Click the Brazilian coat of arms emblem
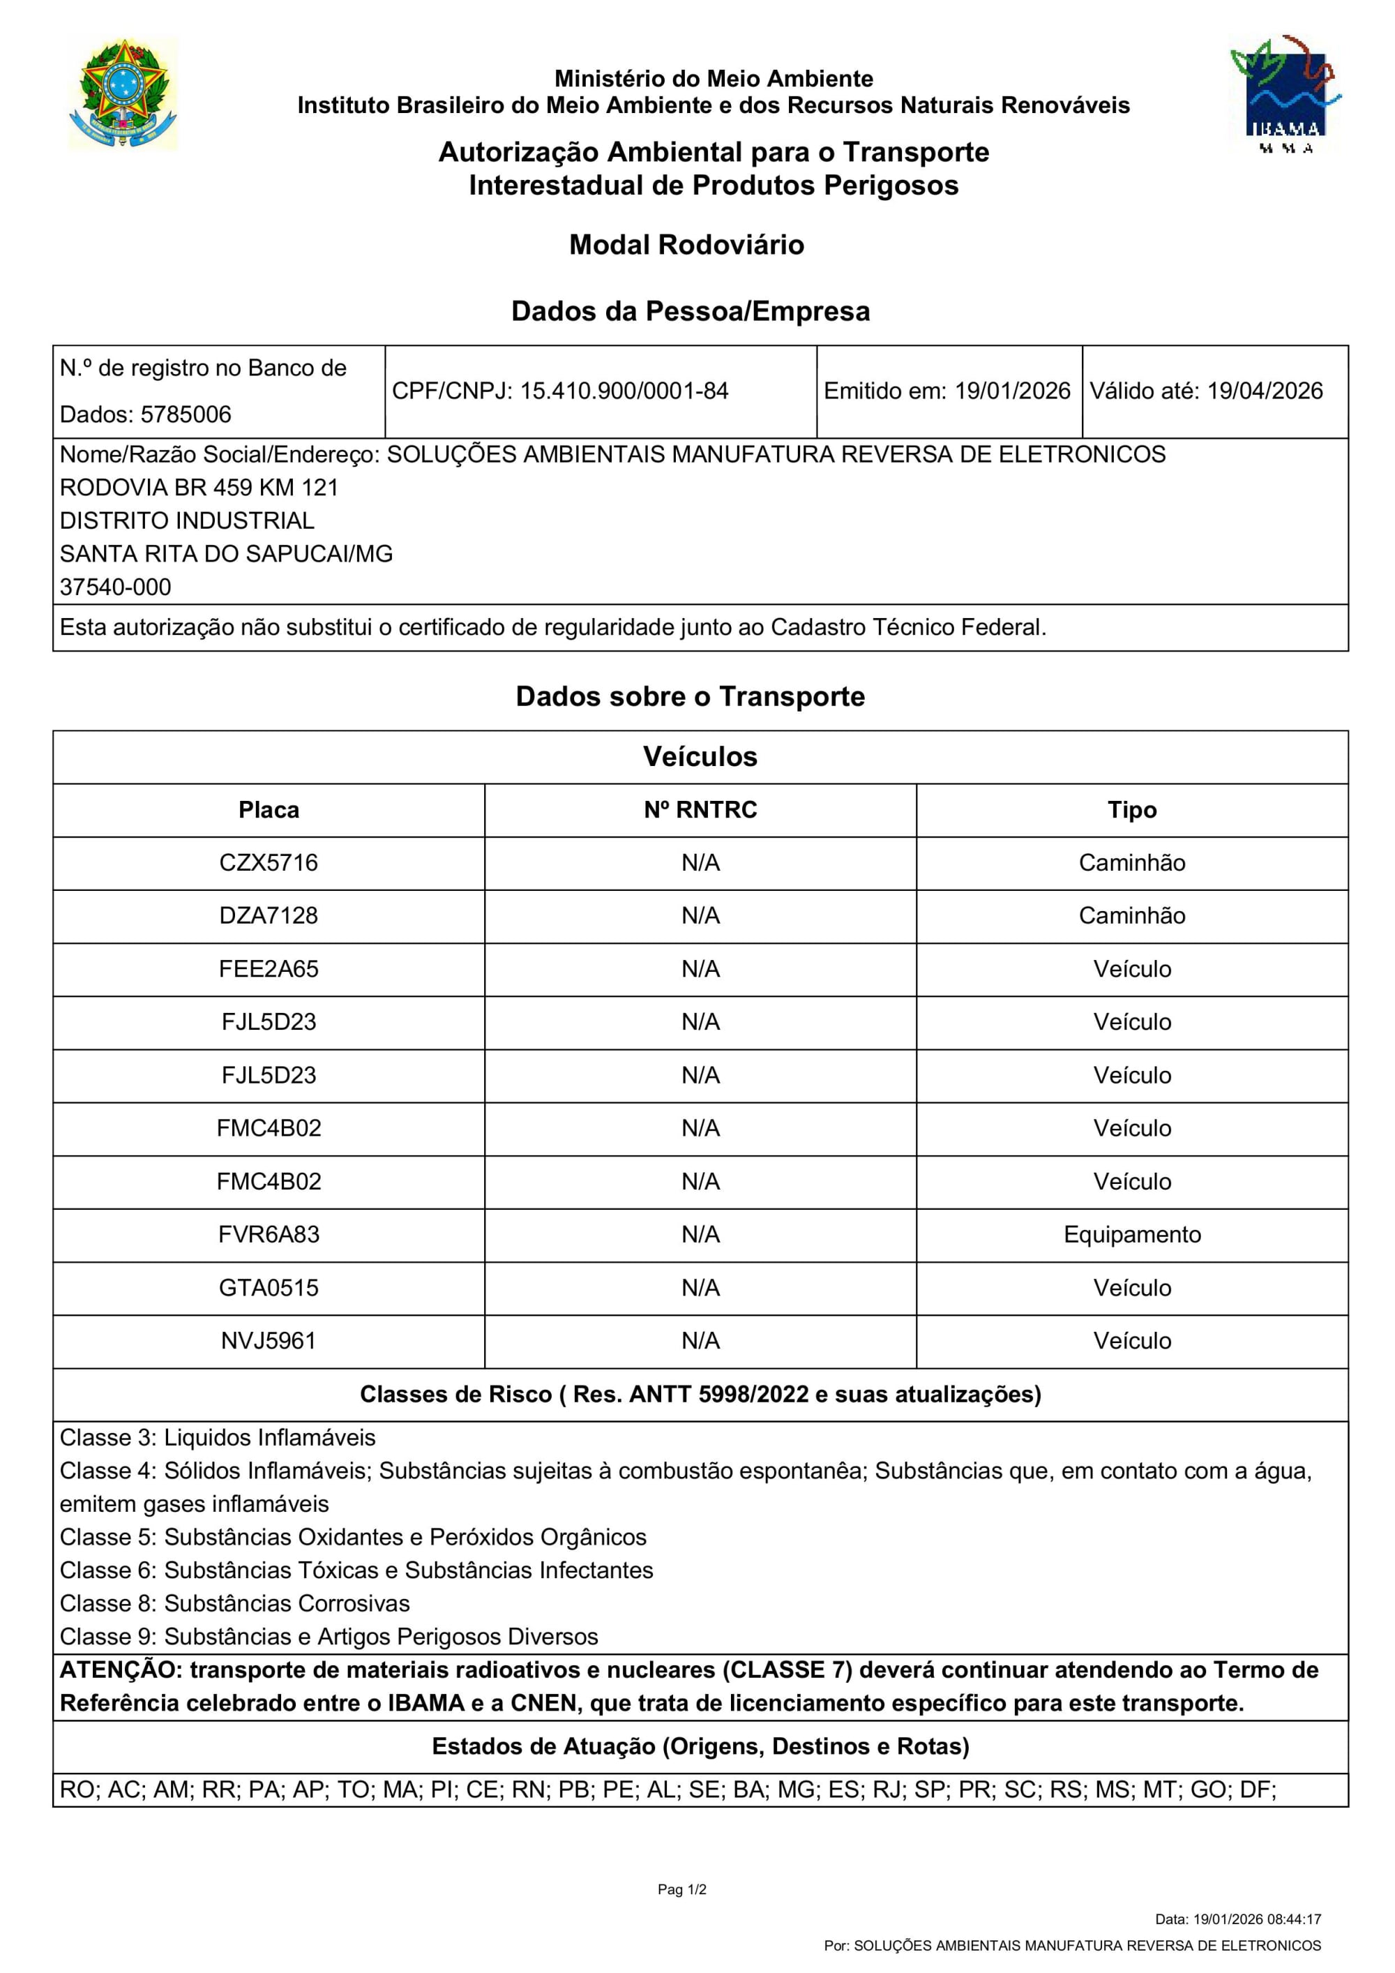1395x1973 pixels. click(x=123, y=94)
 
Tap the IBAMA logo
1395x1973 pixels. click(x=1284, y=94)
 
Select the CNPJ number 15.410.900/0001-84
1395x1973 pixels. click(x=624, y=391)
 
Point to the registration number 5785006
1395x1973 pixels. click(x=186, y=414)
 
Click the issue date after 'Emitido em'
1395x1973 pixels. click(x=1013, y=391)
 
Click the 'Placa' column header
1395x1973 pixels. click(x=269, y=809)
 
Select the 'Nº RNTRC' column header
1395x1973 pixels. click(x=700, y=809)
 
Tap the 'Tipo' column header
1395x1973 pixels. click(x=1131, y=809)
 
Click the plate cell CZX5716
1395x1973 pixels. click(x=269, y=863)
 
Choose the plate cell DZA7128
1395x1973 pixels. click(x=269, y=916)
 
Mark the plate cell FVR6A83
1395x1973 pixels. click(x=269, y=1235)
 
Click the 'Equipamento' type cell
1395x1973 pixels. click(x=1131, y=1235)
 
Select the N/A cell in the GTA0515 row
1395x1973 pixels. click(x=700, y=1288)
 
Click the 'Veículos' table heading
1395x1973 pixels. click(x=700, y=756)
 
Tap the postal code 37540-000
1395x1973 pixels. click(x=115, y=587)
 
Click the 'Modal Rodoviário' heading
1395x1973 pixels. click(x=686, y=245)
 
